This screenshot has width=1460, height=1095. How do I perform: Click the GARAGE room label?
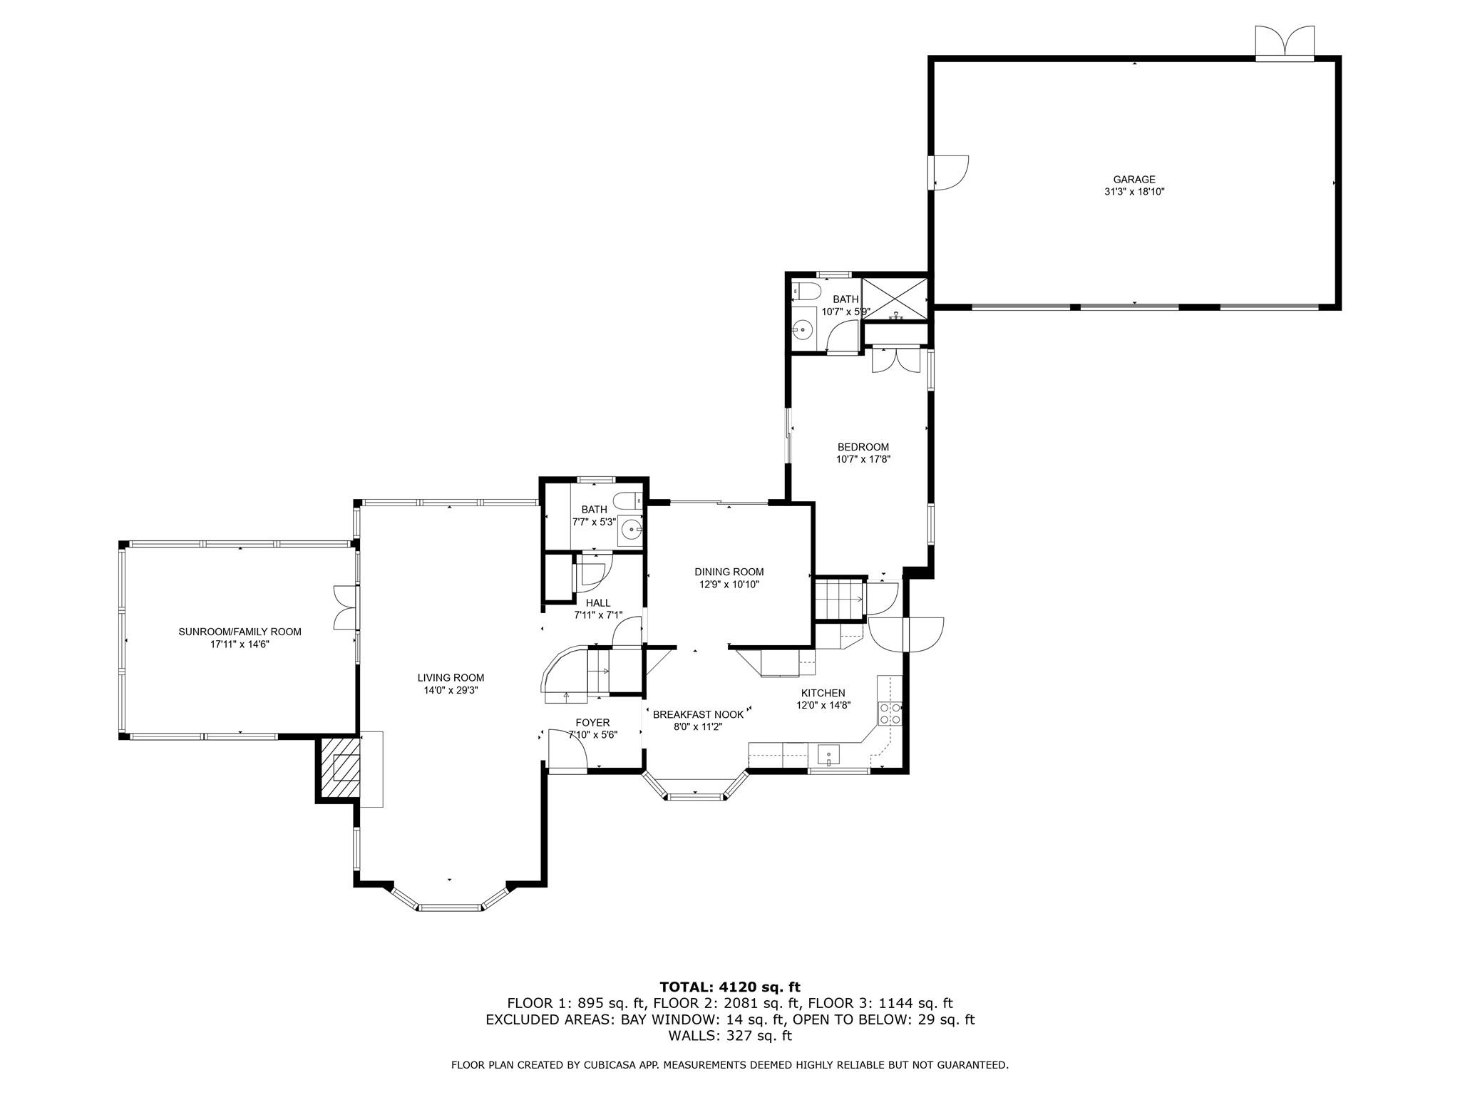(x=1134, y=180)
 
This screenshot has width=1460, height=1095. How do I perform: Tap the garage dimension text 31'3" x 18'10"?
(x=1134, y=192)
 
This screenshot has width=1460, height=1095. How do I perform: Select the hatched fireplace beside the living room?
(x=337, y=768)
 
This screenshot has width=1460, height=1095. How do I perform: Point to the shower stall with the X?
(x=895, y=300)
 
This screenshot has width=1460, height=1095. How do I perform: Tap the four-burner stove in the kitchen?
(x=890, y=714)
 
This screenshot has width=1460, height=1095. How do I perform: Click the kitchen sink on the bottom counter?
(x=828, y=754)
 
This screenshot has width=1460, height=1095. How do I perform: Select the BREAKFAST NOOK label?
(x=698, y=714)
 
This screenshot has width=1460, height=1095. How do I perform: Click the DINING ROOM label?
(x=729, y=572)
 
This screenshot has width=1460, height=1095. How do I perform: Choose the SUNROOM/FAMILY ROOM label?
(x=240, y=632)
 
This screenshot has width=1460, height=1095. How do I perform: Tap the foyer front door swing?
(x=567, y=750)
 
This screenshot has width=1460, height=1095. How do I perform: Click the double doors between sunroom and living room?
(x=345, y=607)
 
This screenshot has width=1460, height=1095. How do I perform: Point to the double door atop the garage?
(x=1284, y=43)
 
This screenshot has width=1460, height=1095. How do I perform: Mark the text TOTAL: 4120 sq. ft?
(x=730, y=987)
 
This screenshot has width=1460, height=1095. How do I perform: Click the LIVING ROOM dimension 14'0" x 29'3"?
(x=451, y=690)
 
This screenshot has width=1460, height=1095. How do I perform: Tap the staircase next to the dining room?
(x=838, y=599)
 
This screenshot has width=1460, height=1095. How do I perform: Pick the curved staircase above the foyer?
(x=574, y=674)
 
